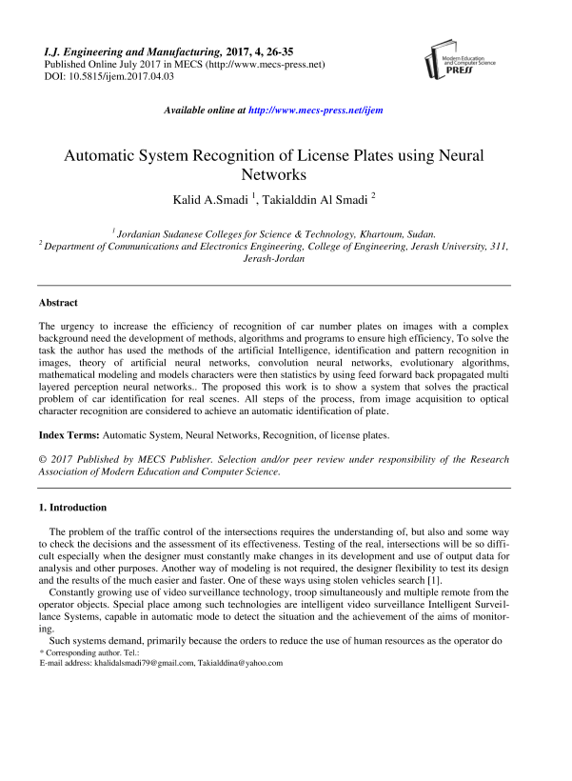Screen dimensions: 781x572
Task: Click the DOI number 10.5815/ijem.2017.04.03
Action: (122, 76)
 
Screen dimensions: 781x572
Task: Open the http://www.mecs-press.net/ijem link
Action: (315, 110)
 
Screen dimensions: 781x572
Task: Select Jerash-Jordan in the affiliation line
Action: (274, 258)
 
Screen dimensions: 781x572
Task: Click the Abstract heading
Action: (57, 302)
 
